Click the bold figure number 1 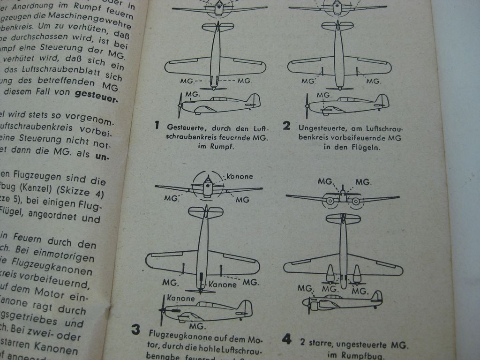157,125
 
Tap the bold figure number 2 286,126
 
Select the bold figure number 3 135,330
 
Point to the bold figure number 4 286,339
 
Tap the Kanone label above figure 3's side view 180,298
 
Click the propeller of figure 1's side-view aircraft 180,105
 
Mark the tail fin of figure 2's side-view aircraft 382,100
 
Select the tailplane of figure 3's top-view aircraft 205,212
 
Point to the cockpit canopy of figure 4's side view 333,297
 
